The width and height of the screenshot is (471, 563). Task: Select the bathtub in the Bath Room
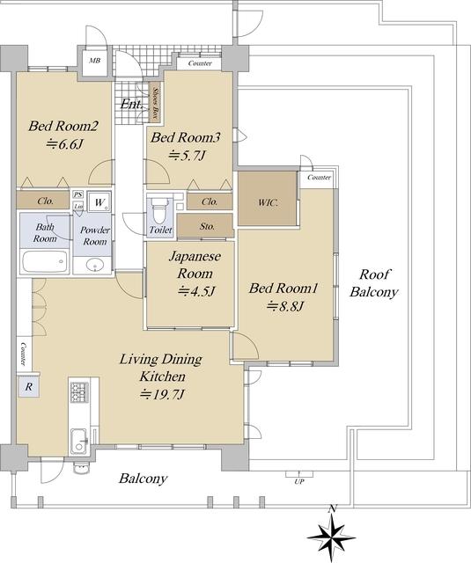click(x=45, y=261)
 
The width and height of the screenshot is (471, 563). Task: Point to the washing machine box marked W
click(x=99, y=202)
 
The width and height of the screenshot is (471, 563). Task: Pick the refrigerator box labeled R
click(x=29, y=387)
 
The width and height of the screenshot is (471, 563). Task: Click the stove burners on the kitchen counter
click(x=78, y=392)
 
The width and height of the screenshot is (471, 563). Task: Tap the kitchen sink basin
click(x=79, y=441)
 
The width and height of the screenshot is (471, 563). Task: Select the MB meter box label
click(x=94, y=61)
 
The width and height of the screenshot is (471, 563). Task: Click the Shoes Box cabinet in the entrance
click(x=155, y=103)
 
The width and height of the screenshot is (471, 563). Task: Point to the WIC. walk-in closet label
click(x=268, y=202)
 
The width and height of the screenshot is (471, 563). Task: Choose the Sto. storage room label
click(x=207, y=227)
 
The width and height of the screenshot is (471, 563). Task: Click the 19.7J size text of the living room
click(x=162, y=395)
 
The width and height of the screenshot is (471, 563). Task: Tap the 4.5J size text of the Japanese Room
click(x=196, y=290)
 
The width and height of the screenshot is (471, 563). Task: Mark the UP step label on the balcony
click(x=299, y=482)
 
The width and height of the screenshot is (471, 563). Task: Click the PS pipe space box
click(x=78, y=194)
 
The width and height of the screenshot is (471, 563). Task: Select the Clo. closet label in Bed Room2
click(x=46, y=201)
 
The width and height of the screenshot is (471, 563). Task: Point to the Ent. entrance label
click(x=131, y=104)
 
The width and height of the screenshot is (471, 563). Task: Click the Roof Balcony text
click(x=374, y=283)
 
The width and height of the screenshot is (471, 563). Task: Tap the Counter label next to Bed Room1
click(x=319, y=178)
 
